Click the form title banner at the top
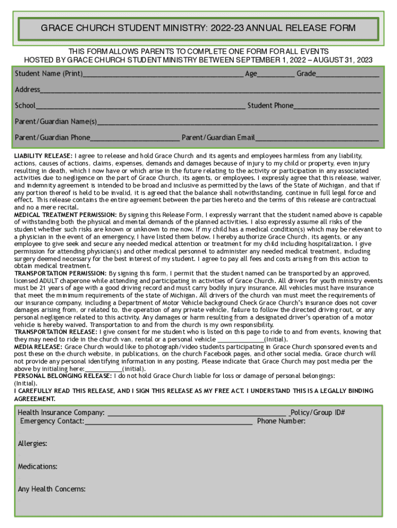pos(198,28)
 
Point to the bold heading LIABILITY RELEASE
pos(43,156)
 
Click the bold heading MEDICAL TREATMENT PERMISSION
pos(65,214)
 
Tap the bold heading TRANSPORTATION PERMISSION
pos(60,273)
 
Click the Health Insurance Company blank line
pos(196,414)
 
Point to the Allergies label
pos(32,443)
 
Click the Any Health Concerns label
pos(52,489)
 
